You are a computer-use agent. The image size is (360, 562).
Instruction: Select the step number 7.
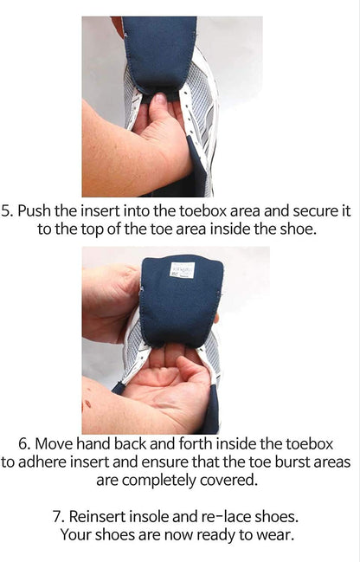[x=58, y=516]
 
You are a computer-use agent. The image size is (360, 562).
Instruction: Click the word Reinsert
[x=102, y=516]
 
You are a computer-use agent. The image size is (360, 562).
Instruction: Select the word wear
[x=276, y=534]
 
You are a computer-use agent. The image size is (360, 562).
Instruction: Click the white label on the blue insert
[x=182, y=270]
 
